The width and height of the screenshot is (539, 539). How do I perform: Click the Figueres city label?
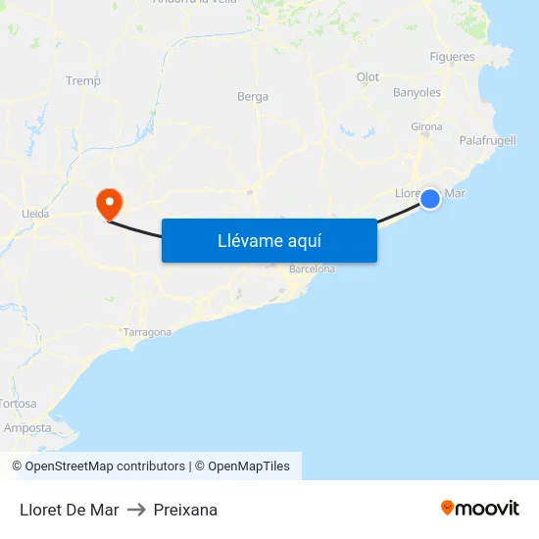click(x=452, y=57)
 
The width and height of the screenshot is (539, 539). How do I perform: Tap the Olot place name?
click(x=367, y=77)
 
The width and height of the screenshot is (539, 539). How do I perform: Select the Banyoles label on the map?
click(x=417, y=93)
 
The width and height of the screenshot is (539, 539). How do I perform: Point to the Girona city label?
click(x=426, y=127)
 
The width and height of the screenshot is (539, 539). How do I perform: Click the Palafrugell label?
click(x=487, y=141)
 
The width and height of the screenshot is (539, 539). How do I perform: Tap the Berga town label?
click(x=253, y=97)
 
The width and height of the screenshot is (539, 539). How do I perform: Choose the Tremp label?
click(x=83, y=81)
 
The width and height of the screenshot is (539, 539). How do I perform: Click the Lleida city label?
click(x=35, y=213)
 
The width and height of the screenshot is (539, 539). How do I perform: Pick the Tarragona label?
click(x=147, y=332)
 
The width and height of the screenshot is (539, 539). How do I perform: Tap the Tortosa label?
click(x=18, y=404)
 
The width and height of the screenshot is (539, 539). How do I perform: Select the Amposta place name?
click(x=27, y=428)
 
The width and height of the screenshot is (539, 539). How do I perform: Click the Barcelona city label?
click(x=312, y=269)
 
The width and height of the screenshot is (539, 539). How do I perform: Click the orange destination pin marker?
click(x=108, y=203)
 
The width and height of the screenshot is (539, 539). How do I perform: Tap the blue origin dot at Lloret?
click(x=430, y=199)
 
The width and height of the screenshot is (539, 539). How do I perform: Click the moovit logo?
click(x=480, y=509)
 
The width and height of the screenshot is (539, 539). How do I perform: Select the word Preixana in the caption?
click(x=185, y=510)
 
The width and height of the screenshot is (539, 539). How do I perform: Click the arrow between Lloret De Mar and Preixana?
click(x=136, y=510)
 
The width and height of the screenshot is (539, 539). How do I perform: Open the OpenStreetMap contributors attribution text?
click(x=98, y=466)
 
